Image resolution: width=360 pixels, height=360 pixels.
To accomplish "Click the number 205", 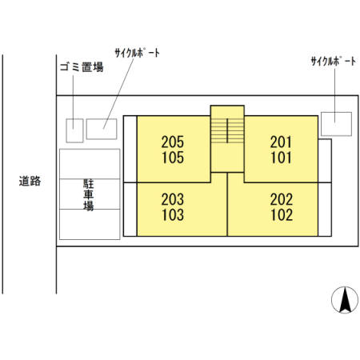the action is (x=173, y=142).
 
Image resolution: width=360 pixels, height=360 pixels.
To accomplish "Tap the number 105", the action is (x=173, y=158).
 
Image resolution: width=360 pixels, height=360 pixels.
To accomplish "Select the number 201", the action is (x=281, y=142).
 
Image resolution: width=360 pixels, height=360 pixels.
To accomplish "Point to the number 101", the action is (x=282, y=158).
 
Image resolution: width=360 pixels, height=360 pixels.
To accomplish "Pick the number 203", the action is (x=173, y=199).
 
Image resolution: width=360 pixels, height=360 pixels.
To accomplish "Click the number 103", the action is (x=173, y=214).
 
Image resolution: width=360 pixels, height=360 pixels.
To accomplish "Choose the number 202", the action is (x=282, y=199).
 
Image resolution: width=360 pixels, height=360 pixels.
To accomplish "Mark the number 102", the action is (x=282, y=214).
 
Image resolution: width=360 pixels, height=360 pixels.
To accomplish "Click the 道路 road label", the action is (x=30, y=181).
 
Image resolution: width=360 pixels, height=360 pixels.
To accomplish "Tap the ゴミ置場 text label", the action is (x=82, y=67).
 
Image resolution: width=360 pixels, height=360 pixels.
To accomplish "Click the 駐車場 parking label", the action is (x=89, y=195).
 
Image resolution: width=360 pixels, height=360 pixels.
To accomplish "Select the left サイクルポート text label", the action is (x=138, y=53).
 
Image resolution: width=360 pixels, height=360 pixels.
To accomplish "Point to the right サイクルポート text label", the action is (x=334, y=62).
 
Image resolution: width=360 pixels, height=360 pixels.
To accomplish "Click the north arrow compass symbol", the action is (x=345, y=300).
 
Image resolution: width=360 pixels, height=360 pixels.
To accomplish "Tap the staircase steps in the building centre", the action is (x=227, y=130).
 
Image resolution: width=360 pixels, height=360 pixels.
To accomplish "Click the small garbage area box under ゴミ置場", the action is (x=74, y=130).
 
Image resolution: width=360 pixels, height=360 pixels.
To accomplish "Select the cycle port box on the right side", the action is (x=336, y=124).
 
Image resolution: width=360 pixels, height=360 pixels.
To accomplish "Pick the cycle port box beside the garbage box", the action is (x=102, y=129).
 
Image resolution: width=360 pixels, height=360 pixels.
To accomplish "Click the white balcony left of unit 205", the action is (x=130, y=149).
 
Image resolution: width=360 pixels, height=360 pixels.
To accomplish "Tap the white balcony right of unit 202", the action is (x=325, y=210).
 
